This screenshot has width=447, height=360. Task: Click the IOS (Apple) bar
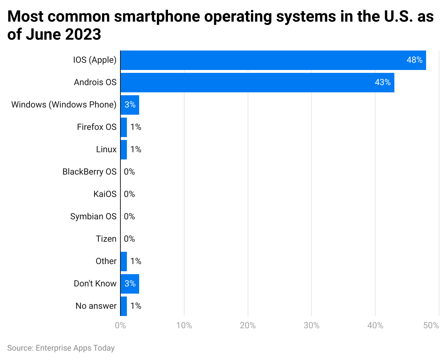pos(273,60)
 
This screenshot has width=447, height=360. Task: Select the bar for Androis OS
pos(257,83)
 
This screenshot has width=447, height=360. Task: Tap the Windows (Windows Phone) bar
pos(130,105)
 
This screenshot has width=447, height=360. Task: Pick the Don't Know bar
pos(130,284)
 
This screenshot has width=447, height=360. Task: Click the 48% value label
pos(414,60)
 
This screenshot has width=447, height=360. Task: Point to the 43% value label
pos(382,83)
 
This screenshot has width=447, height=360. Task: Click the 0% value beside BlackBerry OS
pos(129,172)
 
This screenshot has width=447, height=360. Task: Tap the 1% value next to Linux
pos(136,150)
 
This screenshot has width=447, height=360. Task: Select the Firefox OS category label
pos(97,127)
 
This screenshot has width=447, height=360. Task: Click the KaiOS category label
pos(105,194)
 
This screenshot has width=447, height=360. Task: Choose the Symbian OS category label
pos(93,217)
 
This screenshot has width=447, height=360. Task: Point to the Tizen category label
pos(106,239)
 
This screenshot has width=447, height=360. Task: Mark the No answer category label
pos(96,306)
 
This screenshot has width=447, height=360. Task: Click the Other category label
pos(106,262)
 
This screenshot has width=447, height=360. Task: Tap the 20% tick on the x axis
pos(248,326)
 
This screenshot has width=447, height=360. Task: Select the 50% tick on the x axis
pos(431,326)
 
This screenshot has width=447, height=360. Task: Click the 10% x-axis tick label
pos(184,326)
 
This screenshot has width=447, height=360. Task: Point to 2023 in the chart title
pos(83,35)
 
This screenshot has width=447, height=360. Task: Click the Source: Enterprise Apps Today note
pos(61,348)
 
